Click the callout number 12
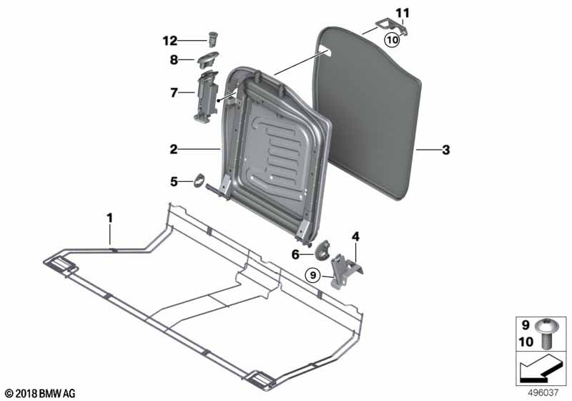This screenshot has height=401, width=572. point(170,41)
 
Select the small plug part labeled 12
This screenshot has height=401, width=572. point(212,39)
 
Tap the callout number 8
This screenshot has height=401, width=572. point(174,59)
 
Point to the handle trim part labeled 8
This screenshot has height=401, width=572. point(208,59)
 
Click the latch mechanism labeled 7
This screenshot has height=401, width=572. point(206,97)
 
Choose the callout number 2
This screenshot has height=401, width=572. point(174,149)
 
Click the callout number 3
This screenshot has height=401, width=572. point(445,150)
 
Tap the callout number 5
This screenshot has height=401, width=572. point(174,181)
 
